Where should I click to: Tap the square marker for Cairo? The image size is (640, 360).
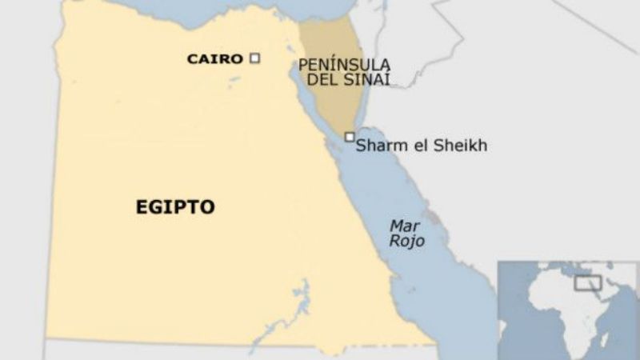tap(255, 58)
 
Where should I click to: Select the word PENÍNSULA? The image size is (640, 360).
tap(334, 64)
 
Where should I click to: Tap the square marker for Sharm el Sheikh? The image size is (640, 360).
tap(350, 137)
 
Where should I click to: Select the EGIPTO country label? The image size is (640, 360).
tap(174, 207)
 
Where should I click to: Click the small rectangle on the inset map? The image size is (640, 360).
tap(588, 283)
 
